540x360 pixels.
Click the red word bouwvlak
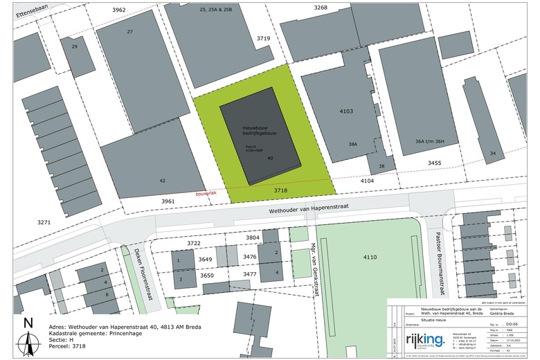[x=207, y=194]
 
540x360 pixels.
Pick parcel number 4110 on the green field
[x=370, y=258]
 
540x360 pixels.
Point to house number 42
[x=163, y=180]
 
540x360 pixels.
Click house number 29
[x=75, y=46]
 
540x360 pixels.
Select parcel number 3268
[x=320, y=7]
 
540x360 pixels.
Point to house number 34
[x=492, y=152]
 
